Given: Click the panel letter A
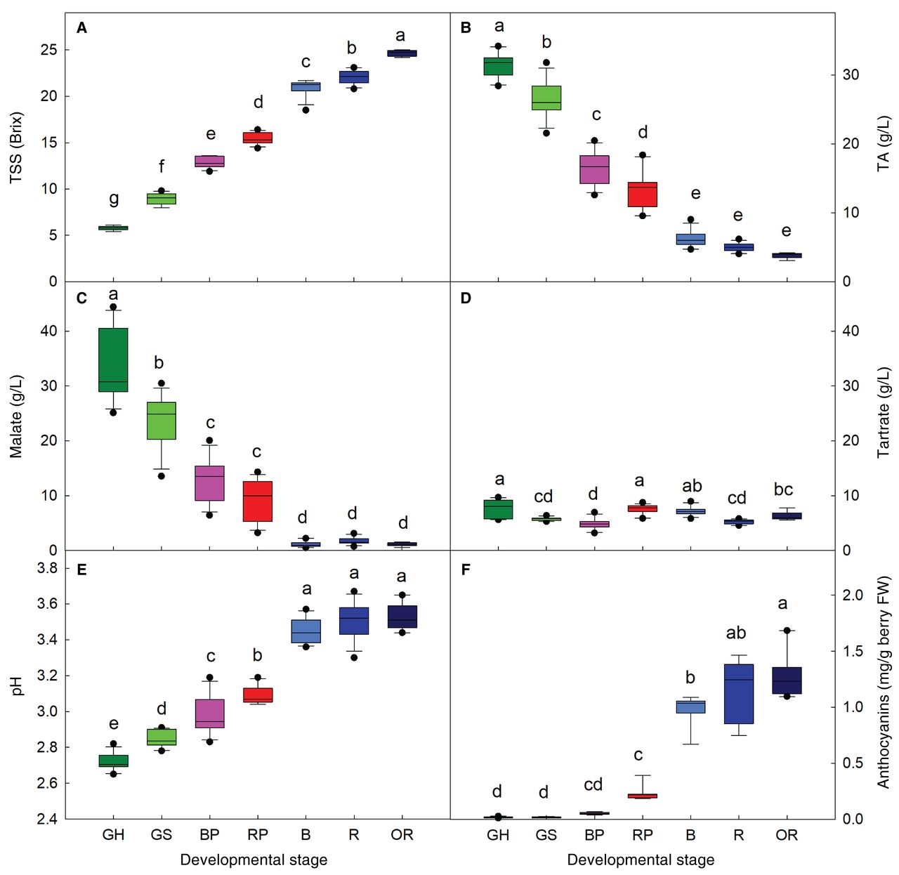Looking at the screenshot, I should [82, 28].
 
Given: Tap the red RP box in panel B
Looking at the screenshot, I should [642, 195].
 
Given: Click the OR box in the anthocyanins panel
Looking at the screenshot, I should [787, 680].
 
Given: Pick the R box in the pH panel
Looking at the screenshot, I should [353, 621].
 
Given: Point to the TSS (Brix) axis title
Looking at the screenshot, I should [16, 148].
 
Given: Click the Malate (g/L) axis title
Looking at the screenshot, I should [16, 416].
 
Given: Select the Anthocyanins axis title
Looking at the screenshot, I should [884, 682].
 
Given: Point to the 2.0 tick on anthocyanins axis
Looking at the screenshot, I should [853, 595].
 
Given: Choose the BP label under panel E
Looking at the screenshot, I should [209, 835].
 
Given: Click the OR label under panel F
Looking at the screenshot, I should [787, 835].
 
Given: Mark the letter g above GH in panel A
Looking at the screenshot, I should [114, 199].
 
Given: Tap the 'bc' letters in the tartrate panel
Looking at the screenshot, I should [783, 489].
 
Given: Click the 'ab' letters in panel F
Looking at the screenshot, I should [736, 633].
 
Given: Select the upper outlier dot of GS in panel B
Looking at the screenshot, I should [546, 63].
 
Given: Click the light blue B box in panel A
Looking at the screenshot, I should [306, 86].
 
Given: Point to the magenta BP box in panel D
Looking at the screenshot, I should [594, 524].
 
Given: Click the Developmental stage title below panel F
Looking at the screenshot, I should [641, 860].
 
